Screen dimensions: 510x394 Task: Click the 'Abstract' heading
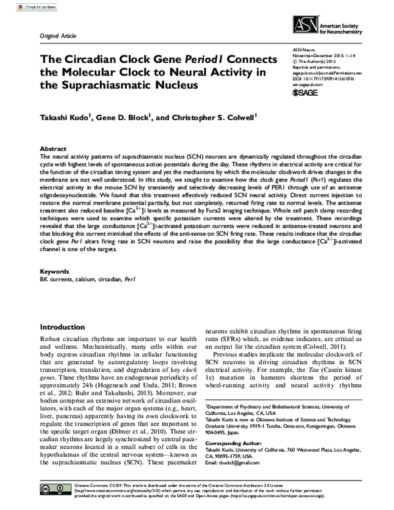pyautogui.click(x=53, y=149)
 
